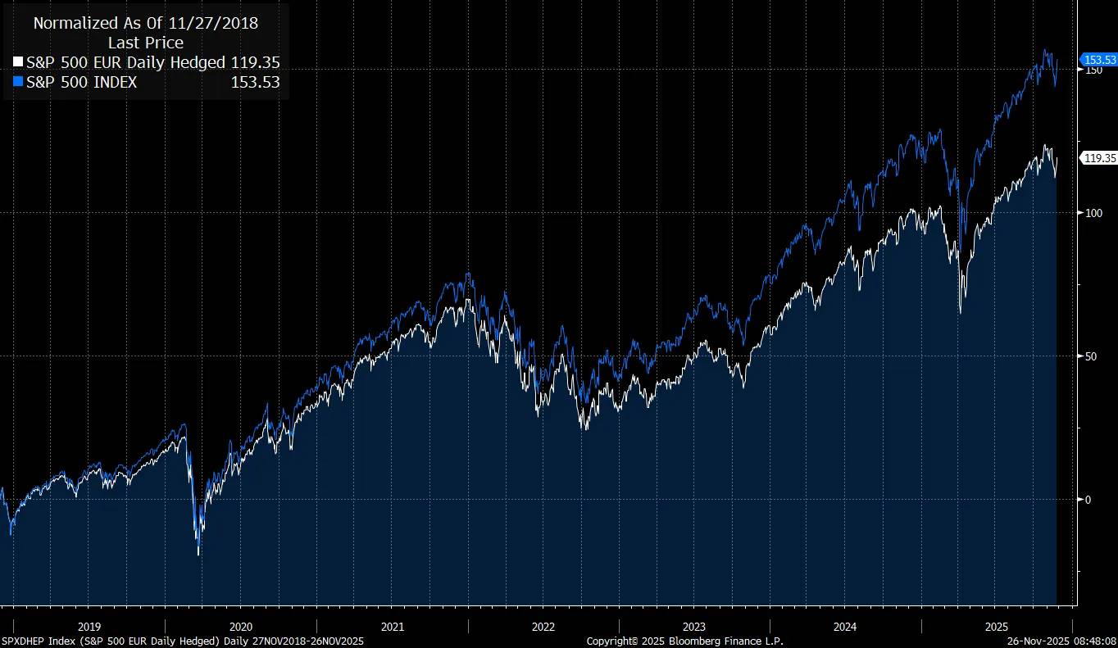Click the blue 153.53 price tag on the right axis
click(x=1100, y=60)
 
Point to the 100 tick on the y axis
click(x=1092, y=213)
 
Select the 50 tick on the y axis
click(x=1089, y=356)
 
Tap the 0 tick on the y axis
click(x=1088, y=500)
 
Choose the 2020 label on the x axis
click(x=240, y=627)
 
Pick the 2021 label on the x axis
click(x=392, y=627)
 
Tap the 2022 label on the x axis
click(x=543, y=627)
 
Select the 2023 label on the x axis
click(x=694, y=627)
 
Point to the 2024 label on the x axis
click(x=845, y=627)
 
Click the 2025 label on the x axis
click(x=996, y=627)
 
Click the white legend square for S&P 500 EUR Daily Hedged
click(x=19, y=62)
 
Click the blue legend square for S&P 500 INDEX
click(x=19, y=82)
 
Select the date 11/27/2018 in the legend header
click(x=214, y=23)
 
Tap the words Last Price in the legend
click(x=146, y=43)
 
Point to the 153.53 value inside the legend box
click(x=255, y=82)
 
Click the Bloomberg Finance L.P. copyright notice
click(x=684, y=641)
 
